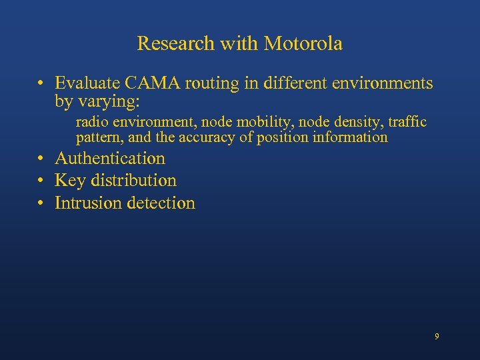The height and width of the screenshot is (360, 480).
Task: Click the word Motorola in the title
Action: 303,44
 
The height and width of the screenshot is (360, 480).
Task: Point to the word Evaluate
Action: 83,84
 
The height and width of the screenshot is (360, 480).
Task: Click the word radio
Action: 90,122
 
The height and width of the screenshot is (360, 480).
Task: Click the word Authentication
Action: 109,159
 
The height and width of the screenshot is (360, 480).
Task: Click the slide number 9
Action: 437,337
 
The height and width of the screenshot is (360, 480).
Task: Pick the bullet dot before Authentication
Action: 41,159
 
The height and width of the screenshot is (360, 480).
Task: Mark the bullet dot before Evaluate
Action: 41,85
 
